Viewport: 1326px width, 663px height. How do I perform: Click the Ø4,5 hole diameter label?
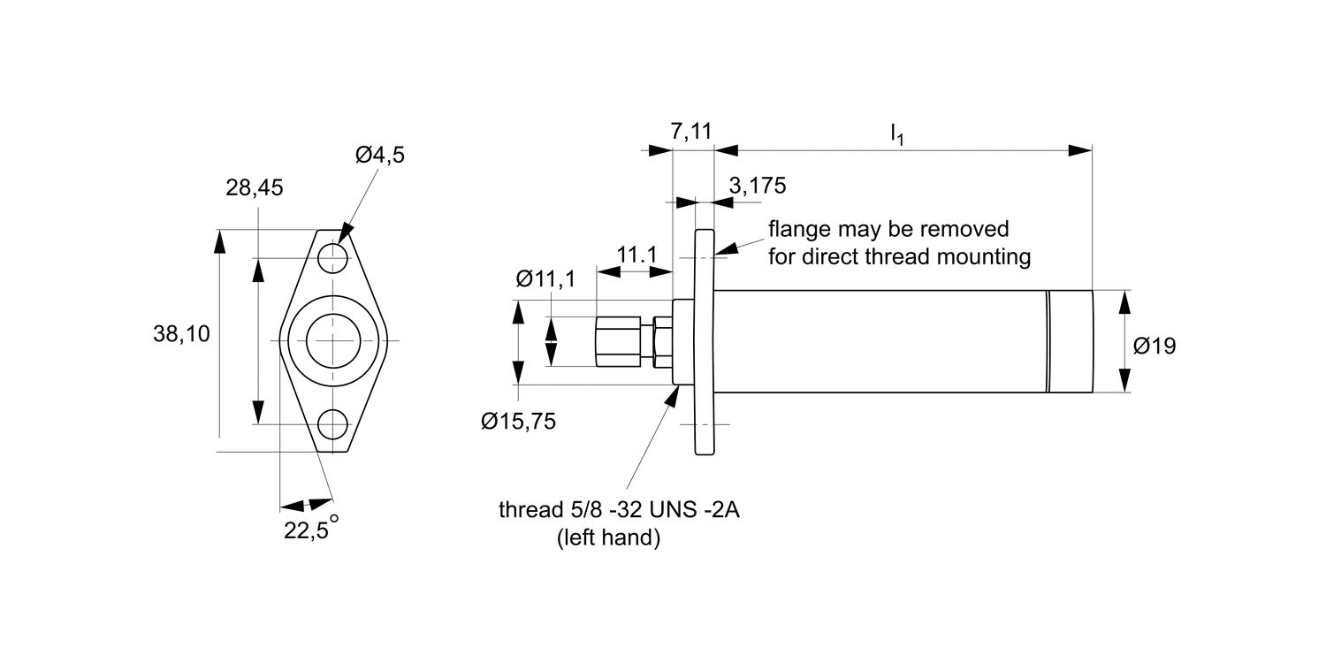click(380, 156)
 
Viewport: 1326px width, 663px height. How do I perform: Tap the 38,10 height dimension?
click(181, 334)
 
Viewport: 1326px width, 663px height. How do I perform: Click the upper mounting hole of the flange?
click(333, 257)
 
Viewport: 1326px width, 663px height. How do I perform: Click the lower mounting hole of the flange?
click(333, 424)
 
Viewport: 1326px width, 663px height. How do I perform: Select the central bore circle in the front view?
click(333, 340)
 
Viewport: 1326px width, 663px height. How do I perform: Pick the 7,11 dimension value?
click(690, 132)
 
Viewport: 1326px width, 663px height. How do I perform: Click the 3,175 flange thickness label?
click(757, 186)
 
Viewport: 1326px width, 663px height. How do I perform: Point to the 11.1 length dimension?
click(636, 255)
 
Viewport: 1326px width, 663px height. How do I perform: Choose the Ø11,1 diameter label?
click(545, 279)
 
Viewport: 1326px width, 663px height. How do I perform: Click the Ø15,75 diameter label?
click(518, 422)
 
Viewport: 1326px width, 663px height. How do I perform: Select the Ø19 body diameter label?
click(1154, 347)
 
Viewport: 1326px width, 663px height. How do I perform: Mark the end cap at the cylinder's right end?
click(1070, 341)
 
